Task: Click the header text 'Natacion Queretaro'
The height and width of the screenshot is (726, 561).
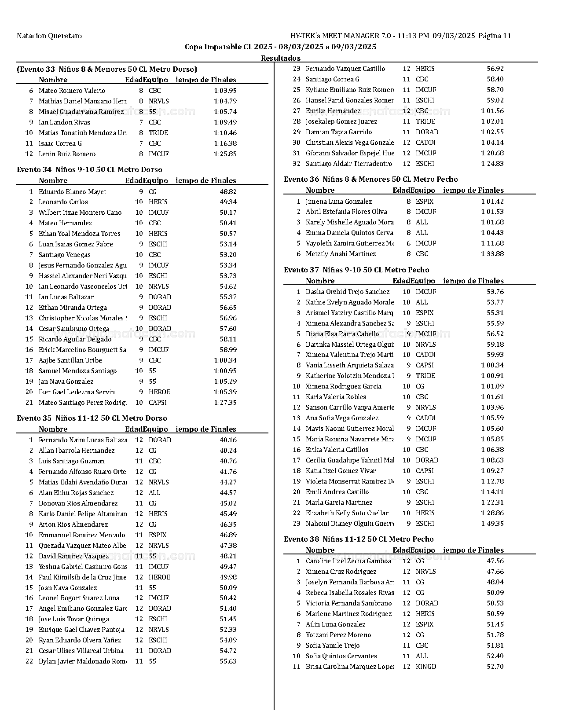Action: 49,36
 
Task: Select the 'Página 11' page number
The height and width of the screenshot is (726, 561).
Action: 495,36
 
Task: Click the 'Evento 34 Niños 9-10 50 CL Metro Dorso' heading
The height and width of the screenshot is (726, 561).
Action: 89,170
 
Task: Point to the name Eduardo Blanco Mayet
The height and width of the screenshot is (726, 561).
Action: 72,192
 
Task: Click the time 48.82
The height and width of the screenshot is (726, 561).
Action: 228,192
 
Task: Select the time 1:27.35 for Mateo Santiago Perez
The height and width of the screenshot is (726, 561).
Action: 225,403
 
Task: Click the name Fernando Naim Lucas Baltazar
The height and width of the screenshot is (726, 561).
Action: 83,440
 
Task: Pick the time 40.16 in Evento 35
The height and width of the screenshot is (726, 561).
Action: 228,440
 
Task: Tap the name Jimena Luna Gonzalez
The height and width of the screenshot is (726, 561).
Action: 339,202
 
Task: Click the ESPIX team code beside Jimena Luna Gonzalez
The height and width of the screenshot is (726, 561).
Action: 425,202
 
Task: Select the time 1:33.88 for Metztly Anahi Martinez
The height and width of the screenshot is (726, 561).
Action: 492,254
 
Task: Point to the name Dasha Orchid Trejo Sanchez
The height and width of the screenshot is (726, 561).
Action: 348,292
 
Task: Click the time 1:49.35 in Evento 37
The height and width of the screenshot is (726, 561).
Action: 492,524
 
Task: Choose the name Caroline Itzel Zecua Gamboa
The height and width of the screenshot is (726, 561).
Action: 348,561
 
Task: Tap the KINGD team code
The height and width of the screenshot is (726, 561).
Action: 426,667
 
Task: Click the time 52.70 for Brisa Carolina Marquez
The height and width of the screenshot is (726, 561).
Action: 495,667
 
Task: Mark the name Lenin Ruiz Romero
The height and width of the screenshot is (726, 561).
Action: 67,154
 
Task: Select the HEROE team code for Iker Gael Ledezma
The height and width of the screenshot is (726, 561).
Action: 159,392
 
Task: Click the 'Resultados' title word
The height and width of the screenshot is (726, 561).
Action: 281,58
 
